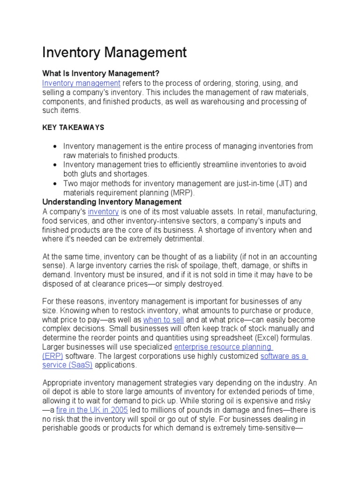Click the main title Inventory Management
(114, 52)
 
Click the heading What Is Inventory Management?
(101, 74)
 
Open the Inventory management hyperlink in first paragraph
(81, 83)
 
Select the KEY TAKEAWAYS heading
(73, 127)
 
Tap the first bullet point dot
(56, 147)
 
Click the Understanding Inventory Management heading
(112, 202)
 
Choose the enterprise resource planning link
(223, 347)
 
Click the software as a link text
(284, 356)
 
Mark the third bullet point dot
(56, 184)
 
